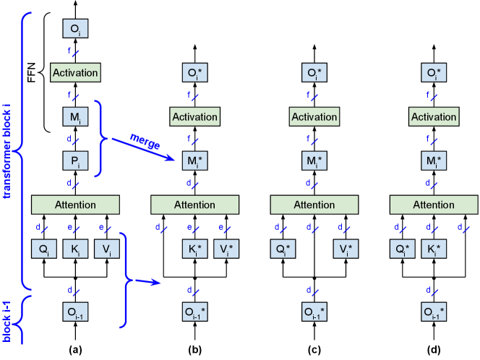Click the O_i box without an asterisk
tap(75, 30)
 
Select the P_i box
tap(75, 160)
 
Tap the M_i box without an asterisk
tap(75, 116)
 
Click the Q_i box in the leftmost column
tap(43, 250)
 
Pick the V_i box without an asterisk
tap(107, 250)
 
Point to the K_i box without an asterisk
tap(75, 250)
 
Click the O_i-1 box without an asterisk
tap(75, 312)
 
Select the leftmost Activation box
tap(75, 73)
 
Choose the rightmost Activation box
tap(434, 116)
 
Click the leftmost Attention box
tap(75, 205)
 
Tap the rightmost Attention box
tap(434, 205)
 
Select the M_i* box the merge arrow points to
tap(194, 160)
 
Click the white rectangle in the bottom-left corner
tap(34, 352)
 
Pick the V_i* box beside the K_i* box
tap(226, 250)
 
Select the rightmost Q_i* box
tap(402, 250)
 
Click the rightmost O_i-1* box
tap(434, 312)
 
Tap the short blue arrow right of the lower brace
tap(147, 281)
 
